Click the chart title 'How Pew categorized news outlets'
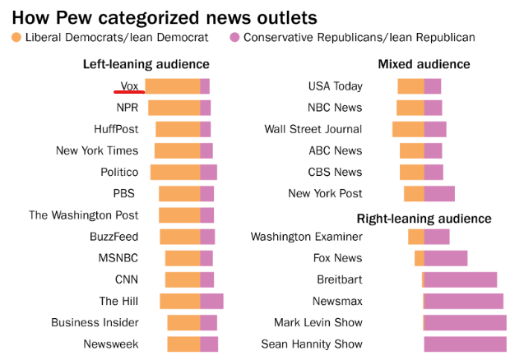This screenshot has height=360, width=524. pos(165,16)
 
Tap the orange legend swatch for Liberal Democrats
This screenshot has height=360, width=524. pos(16,38)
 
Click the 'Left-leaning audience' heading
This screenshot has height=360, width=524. pos(146,64)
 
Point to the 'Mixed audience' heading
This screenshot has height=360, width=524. pos(424,64)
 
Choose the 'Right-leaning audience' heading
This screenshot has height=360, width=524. pos(424,219)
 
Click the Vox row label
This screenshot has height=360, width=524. pos(129,85)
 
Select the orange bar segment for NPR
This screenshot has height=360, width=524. pos(174,108)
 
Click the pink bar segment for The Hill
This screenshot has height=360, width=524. pos(211,302)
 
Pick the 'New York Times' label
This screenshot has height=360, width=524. pos(97,150)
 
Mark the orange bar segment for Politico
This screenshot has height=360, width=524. pos(175,172)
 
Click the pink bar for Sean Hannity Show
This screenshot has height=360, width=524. pos(466,344)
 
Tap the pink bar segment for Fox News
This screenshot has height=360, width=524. pos(445,258)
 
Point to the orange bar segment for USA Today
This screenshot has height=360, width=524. pos(410,86)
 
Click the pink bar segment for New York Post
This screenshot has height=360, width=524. pos(439,194)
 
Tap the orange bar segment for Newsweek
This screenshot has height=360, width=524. pos(183,344)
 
